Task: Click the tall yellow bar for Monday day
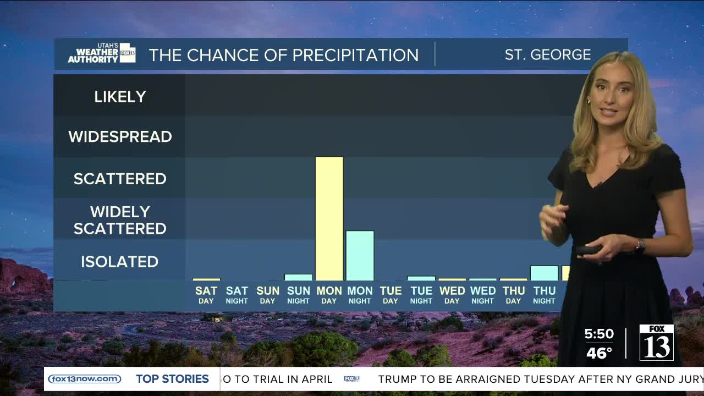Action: [x=329, y=218]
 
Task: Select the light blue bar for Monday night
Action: [x=360, y=256]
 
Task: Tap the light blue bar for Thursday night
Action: [x=544, y=273]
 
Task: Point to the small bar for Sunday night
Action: [x=298, y=277]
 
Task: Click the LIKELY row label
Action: [x=120, y=97]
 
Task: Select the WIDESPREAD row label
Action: [x=120, y=137]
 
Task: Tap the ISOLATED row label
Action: [x=119, y=262]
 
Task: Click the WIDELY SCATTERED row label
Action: [x=120, y=220]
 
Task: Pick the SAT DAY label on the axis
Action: [x=206, y=295]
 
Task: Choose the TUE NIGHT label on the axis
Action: [x=421, y=295]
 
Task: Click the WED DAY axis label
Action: [x=452, y=295]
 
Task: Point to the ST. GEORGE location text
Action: [x=548, y=55]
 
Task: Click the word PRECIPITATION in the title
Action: [x=355, y=56]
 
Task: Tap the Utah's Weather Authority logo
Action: [x=102, y=53]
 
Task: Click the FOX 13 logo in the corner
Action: [x=657, y=342]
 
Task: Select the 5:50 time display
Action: [x=599, y=334]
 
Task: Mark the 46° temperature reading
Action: [x=599, y=353]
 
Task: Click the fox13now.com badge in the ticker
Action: [x=85, y=379]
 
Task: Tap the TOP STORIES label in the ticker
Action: [x=172, y=379]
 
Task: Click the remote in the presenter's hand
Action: [x=587, y=251]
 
